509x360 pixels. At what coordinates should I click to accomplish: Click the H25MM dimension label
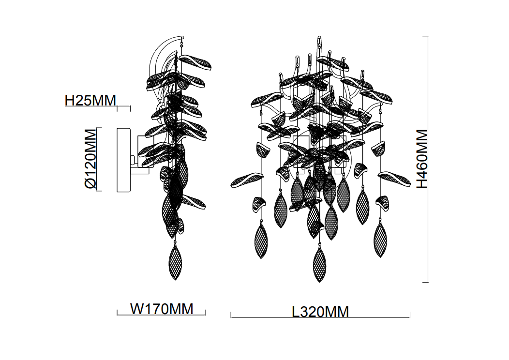pyautogui.click(x=90, y=101)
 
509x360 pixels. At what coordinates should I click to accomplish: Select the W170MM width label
pyautogui.click(x=162, y=308)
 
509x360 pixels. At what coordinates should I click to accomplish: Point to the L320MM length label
pyautogui.click(x=320, y=312)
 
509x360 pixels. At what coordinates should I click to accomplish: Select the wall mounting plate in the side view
pyautogui.click(x=123, y=159)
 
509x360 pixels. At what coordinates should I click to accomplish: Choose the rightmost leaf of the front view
pyautogui.click(x=394, y=179)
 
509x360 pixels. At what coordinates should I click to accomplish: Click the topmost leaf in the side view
pyautogui.click(x=196, y=61)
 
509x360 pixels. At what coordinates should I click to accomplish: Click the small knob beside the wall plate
pyautogui.click(x=133, y=159)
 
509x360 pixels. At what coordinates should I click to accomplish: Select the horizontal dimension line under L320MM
pyautogui.click(x=320, y=318)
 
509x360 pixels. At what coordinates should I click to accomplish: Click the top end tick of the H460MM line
pyautogui.click(x=426, y=36)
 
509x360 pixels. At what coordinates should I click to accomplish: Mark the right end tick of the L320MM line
pyautogui.click(x=410, y=315)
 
